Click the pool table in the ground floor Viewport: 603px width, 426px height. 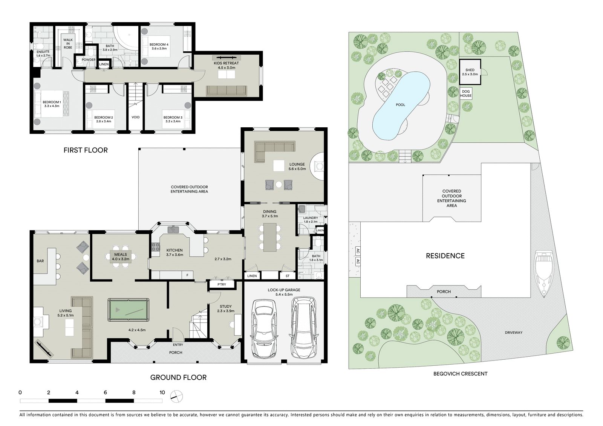[x=129, y=310]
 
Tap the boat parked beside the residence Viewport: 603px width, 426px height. [x=544, y=274]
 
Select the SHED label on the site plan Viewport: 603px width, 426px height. [x=470, y=70]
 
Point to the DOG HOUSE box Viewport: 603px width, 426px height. [x=466, y=93]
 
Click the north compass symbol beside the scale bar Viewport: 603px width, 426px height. [x=177, y=396]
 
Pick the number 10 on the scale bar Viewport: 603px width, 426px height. [x=162, y=392]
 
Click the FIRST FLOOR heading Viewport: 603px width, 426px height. [x=86, y=150]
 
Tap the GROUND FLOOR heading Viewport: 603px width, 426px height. [x=178, y=377]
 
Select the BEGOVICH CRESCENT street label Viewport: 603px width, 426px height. [x=460, y=374]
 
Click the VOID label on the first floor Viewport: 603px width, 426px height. [x=135, y=117]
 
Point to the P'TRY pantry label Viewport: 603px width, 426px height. [x=222, y=284]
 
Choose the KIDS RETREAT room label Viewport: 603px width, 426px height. [x=226, y=63]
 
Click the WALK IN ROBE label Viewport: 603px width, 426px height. [x=68, y=44]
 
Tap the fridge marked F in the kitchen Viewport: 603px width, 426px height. [x=187, y=275]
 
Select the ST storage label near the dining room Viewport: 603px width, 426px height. [x=288, y=276]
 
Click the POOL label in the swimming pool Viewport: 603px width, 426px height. [x=400, y=105]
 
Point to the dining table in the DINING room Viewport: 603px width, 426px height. [x=270, y=237]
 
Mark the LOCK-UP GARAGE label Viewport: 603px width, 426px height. [x=284, y=290]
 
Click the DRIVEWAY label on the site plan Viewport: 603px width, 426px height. [x=514, y=333]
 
